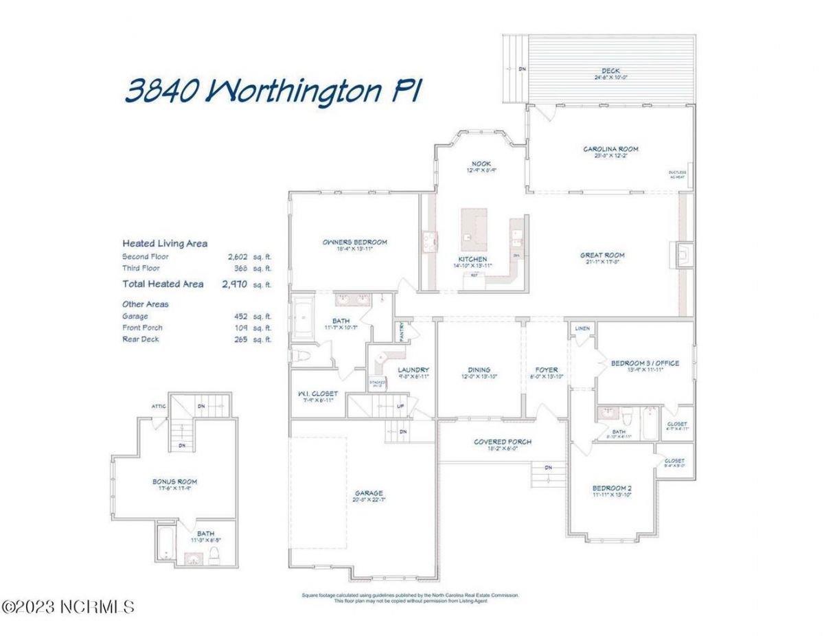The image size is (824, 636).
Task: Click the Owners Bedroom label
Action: pyautogui.click(x=355, y=242)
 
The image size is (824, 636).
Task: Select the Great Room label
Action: pyautogui.click(x=602, y=255)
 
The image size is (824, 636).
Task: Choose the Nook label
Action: pyautogui.click(x=481, y=163)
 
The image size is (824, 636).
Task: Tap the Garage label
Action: pyautogui.click(x=368, y=492)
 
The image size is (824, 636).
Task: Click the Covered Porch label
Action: pyautogui.click(x=502, y=442)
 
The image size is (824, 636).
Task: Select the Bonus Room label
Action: pyautogui.click(x=174, y=481)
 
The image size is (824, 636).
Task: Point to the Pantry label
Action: pyautogui.click(x=402, y=330)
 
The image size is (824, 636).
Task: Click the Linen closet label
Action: pyautogui.click(x=582, y=329)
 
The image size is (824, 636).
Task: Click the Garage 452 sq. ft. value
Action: pyautogui.click(x=242, y=317)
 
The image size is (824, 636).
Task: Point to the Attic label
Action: pyautogui.click(x=159, y=406)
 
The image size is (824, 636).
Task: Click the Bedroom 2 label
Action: pyautogui.click(x=612, y=489)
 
